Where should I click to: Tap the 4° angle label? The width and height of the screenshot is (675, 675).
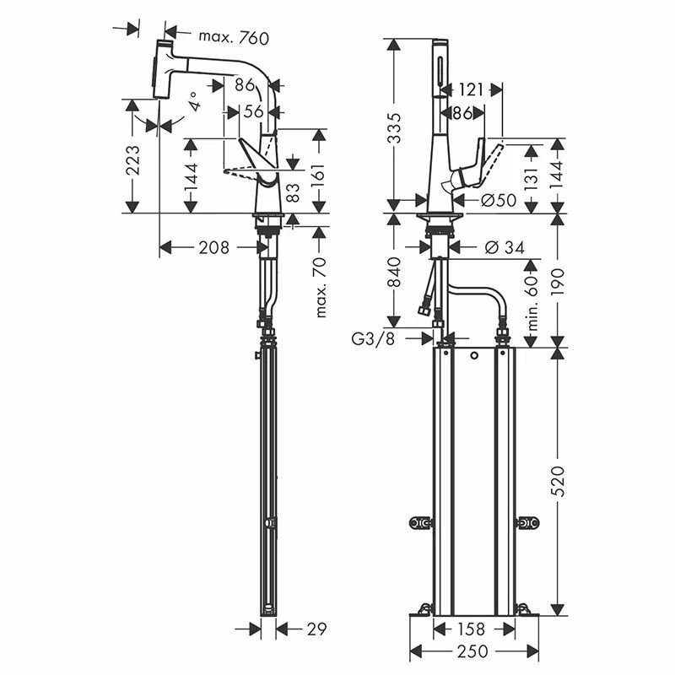point(195,103)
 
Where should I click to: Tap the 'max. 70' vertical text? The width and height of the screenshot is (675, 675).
point(319,287)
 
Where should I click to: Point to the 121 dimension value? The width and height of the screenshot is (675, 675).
point(471,89)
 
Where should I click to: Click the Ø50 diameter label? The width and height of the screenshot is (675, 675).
point(499,200)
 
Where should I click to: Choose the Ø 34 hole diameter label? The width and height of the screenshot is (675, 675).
point(505,247)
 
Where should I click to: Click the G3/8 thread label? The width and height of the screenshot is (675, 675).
point(371,338)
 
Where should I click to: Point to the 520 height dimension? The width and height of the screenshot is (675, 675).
point(559,481)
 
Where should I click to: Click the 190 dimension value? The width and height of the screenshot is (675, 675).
point(559,278)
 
